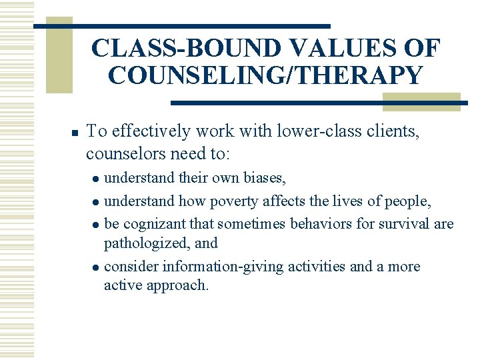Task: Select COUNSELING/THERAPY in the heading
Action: point(265,75)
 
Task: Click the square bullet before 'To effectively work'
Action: point(75,133)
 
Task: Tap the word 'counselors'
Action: point(124,154)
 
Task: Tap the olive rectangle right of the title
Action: point(421,101)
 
